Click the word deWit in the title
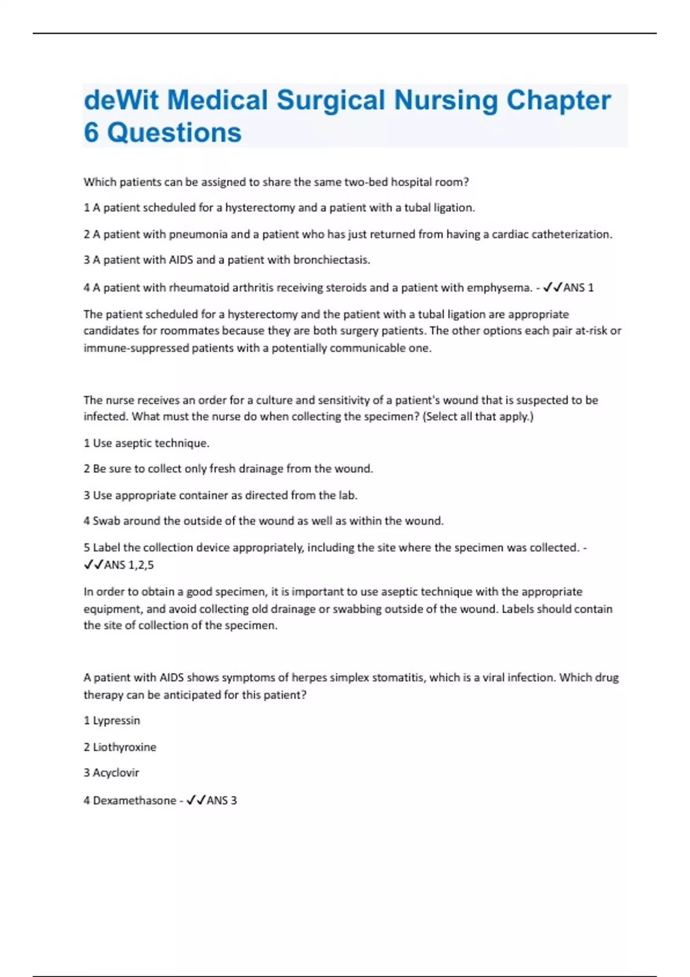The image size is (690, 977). (121, 100)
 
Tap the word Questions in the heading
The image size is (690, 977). (174, 133)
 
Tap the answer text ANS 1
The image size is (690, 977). (578, 287)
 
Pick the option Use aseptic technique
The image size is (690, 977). (151, 443)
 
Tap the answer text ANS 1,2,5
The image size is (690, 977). (129, 565)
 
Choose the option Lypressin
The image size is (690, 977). (116, 721)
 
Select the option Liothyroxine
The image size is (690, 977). (124, 747)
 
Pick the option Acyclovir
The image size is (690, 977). (116, 773)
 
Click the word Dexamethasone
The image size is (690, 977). (135, 801)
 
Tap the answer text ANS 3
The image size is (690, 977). (221, 801)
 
